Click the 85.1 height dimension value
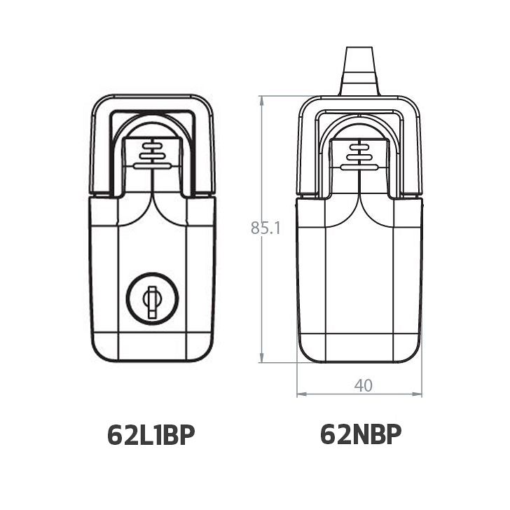click(x=266, y=228)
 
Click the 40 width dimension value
click(x=364, y=386)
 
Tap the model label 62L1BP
click(x=151, y=435)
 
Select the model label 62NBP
click(x=361, y=434)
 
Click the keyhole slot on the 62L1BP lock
click(x=152, y=302)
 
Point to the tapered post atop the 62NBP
click(x=359, y=71)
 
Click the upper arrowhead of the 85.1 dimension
click(x=261, y=102)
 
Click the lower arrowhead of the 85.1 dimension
click(x=261, y=357)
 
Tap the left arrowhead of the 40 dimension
click(x=302, y=394)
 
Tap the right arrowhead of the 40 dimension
click(x=417, y=394)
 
